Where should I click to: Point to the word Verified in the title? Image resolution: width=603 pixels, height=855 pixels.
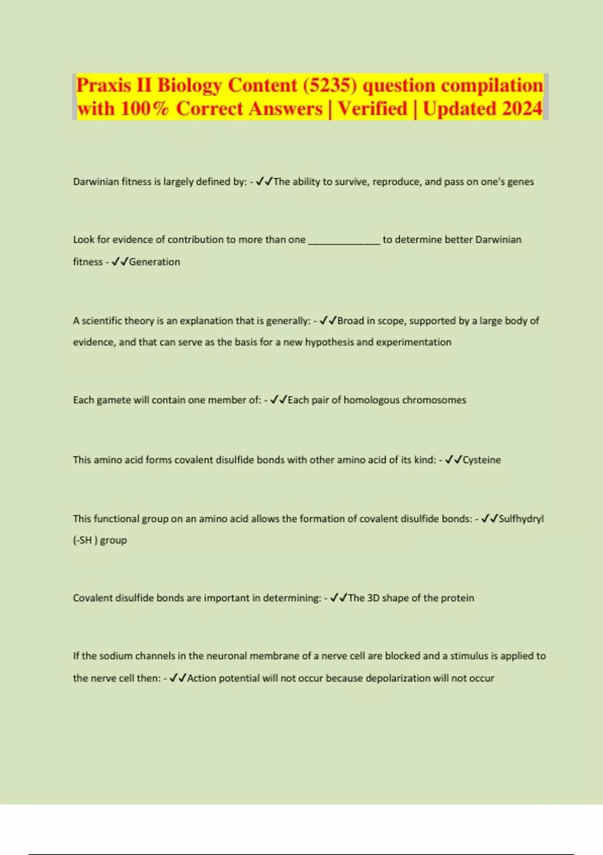point(372,109)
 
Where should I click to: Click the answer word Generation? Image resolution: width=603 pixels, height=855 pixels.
point(154,262)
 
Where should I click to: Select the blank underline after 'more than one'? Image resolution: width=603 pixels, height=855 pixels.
point(344,240)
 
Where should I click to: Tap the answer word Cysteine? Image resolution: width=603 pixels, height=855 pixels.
point(481,460)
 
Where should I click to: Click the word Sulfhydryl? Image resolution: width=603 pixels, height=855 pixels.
point(521,519)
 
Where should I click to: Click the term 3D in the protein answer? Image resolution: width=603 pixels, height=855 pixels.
point(373,598)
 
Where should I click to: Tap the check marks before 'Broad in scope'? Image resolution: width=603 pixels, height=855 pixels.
point(328,321)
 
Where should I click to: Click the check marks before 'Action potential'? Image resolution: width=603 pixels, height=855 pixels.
point(178,678)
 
